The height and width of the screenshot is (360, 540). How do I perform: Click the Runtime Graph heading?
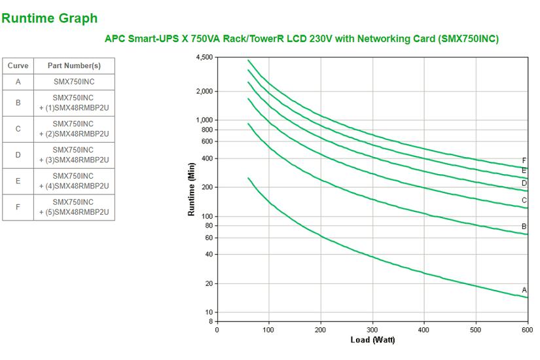[49, 18]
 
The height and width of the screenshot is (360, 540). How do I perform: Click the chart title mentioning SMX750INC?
[302, 39]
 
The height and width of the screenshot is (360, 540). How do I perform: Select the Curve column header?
[18, 66]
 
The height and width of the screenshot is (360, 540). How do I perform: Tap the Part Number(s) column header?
[73, 66]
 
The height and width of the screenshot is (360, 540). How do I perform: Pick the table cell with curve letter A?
[18, 82]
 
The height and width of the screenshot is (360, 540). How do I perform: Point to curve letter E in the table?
[18, 181]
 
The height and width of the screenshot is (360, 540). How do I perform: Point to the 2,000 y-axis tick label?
[204, 92]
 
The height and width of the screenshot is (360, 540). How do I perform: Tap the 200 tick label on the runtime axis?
[207, 188]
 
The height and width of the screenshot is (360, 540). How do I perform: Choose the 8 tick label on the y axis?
[211, 321]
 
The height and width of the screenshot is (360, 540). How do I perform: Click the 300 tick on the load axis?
[372, 329]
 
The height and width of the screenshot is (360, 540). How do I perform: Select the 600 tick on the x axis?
[527, 329]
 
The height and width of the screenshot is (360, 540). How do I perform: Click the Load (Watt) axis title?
[372, 340]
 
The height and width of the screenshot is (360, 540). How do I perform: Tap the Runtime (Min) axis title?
[192, 190]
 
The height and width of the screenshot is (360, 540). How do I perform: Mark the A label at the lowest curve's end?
[524, 289]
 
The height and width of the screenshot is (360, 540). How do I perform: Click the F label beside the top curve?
[524, 160]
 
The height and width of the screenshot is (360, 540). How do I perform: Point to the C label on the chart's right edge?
[524, 200]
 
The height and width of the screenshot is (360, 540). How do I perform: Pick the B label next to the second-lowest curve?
[524, 226]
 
